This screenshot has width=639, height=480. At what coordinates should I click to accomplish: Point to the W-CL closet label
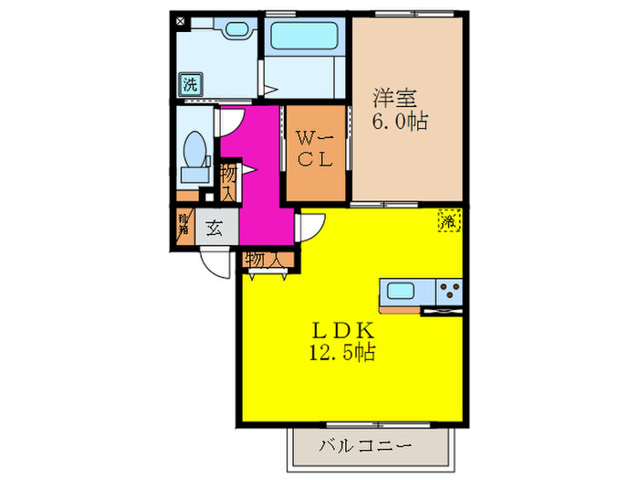click(315, 148)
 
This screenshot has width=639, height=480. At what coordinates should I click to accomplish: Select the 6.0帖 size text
click(400, 119)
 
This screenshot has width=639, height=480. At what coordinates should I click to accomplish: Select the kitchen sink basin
click(402, 293)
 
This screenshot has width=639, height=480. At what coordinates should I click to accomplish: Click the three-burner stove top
click(448, 293)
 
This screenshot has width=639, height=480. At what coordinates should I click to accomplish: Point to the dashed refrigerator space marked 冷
click(449, 220)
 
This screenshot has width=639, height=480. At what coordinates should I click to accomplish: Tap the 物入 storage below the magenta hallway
click(264, 261)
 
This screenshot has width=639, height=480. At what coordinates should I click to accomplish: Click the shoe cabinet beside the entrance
click(184, 225)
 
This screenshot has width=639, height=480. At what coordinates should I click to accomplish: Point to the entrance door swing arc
click(217, 263)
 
